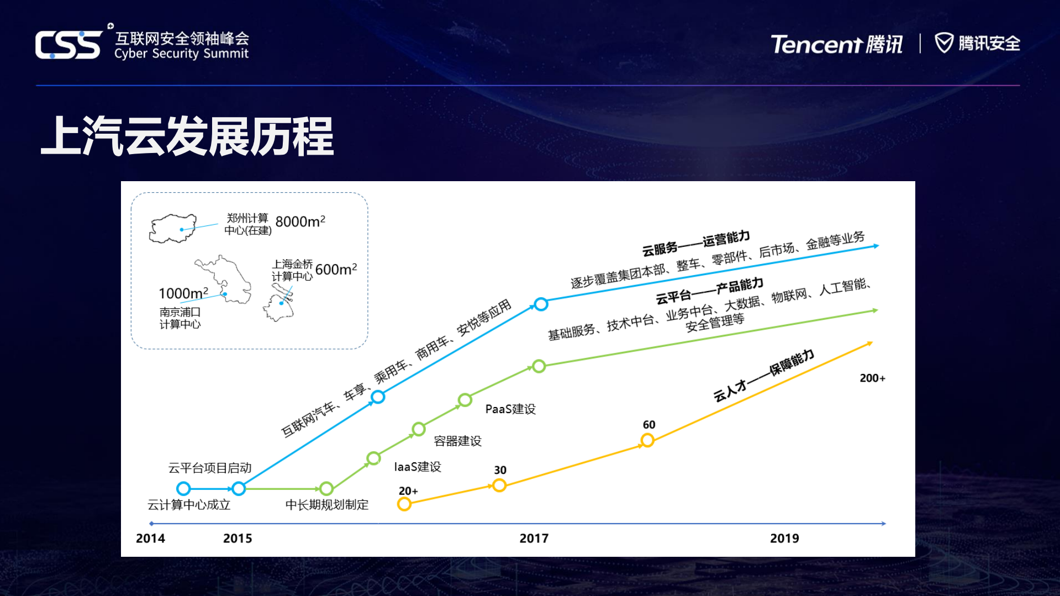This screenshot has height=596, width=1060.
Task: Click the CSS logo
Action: [68, 44]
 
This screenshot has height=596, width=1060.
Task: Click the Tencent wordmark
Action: [816, 44]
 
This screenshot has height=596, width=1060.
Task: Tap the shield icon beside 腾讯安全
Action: [943, 43]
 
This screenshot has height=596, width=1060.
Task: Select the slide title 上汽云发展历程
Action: [187, 136]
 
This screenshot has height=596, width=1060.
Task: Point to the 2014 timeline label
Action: [150, 539]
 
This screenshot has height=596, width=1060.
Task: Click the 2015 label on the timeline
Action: [238, 539]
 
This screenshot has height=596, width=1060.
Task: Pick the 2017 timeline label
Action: [534, 539]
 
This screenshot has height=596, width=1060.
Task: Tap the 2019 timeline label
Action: [784, 539]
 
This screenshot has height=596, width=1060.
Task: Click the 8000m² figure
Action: [300, 221]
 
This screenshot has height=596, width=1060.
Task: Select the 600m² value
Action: [336, 270]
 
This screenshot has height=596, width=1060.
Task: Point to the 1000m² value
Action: [183, 293]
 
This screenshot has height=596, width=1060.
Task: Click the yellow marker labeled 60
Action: [647, 440]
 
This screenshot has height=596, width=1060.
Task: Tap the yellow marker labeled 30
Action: [499, 485]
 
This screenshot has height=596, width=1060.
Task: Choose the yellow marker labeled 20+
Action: [404, 504]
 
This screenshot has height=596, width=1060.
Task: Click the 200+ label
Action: [872, 378]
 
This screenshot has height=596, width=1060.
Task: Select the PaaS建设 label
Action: [510, 409]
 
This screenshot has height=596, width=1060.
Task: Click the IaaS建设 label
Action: [418, 467]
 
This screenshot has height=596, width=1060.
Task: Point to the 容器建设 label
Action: [457, 441]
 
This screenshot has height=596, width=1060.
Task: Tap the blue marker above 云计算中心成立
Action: [183, 488]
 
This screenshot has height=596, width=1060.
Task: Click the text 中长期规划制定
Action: [327, 505]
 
